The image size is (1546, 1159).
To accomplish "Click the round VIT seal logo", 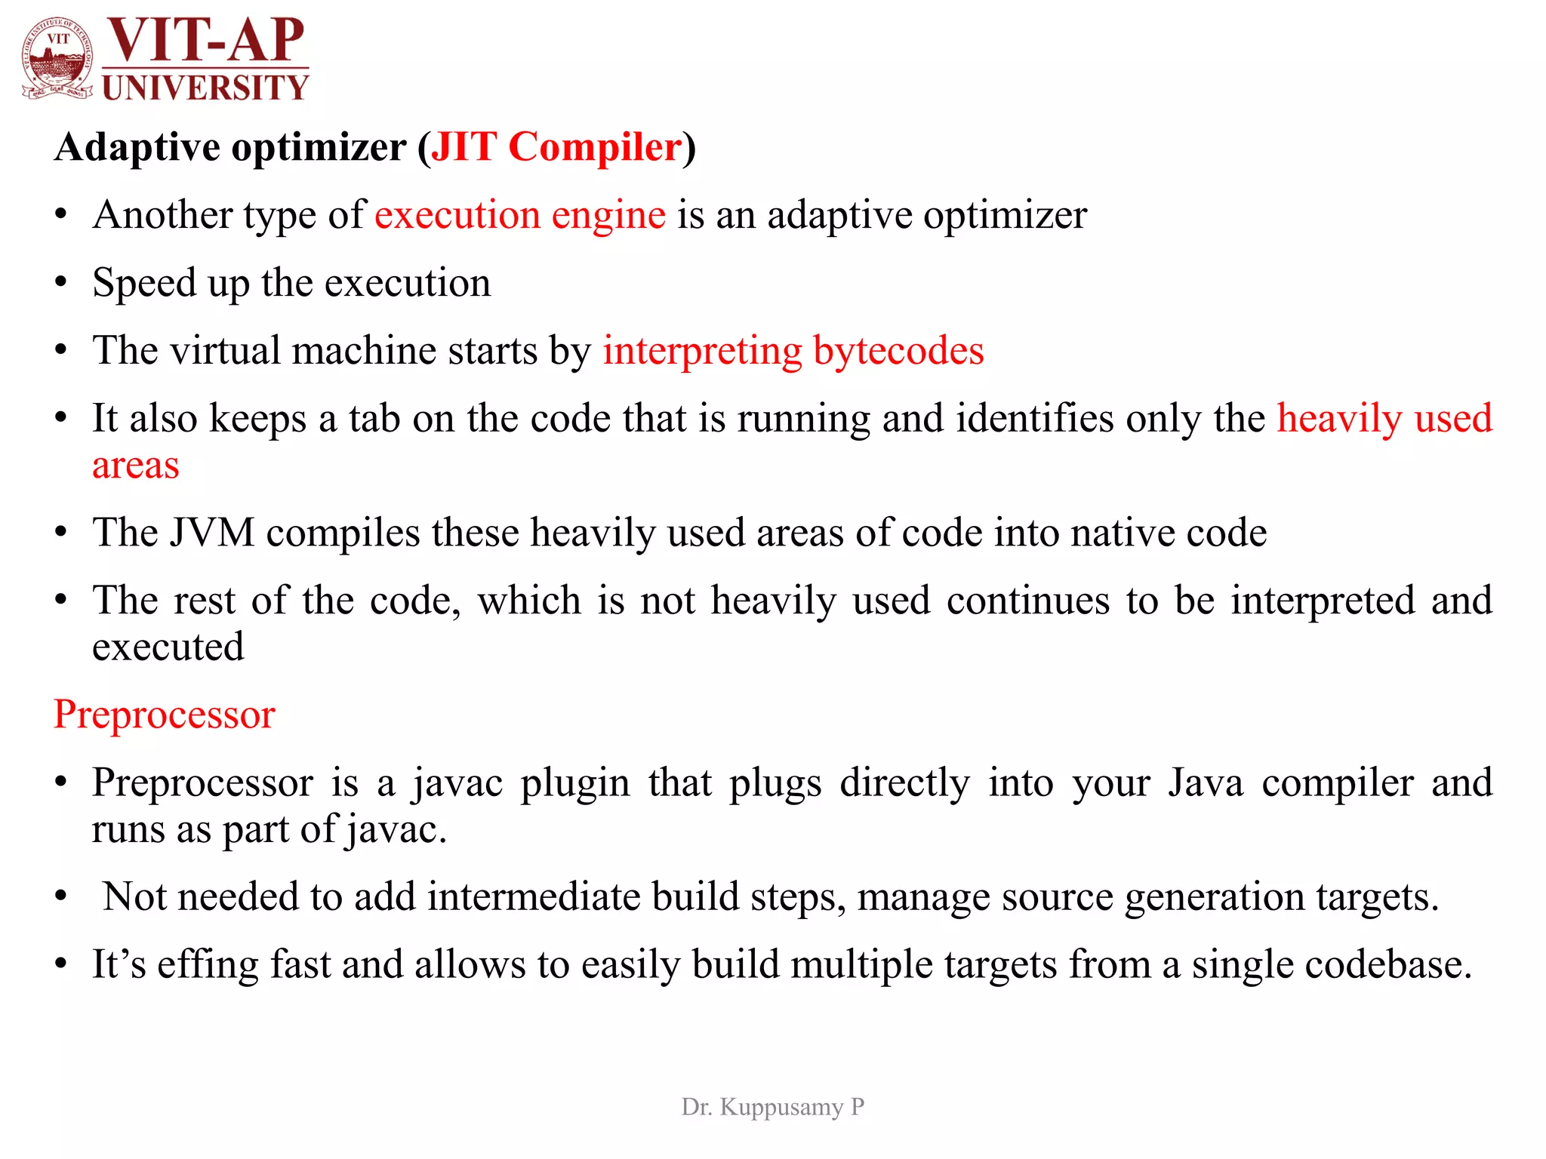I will point(57,59).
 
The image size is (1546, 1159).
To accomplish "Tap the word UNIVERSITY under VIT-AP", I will point(205,88).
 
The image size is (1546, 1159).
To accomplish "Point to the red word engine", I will point(608,215).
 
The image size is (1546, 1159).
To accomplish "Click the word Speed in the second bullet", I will point(143,283).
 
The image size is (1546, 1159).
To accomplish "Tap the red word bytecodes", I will point(898,351).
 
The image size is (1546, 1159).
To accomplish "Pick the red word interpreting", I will point(702,351).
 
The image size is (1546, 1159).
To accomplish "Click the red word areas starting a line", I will point(136,466).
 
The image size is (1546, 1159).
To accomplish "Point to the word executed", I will point(168,647).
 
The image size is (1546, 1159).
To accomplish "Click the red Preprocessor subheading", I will point(165,715).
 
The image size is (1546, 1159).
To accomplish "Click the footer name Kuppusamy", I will point(781,1107).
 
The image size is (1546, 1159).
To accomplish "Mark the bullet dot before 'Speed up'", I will point(61,284).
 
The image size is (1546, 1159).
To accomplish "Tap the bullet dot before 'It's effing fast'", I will point(61,964).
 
